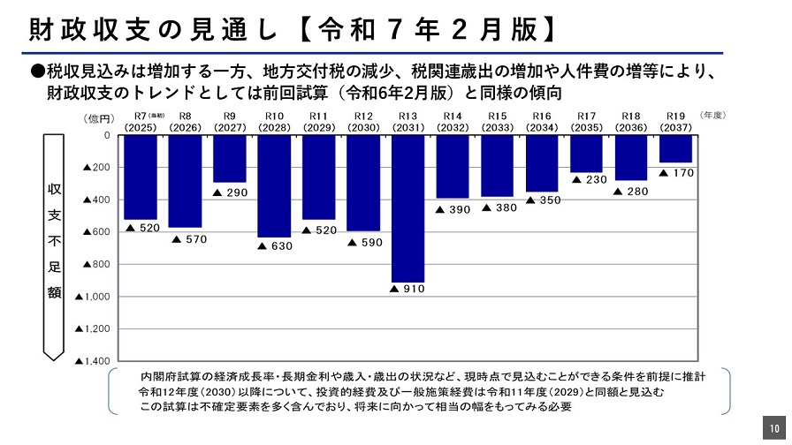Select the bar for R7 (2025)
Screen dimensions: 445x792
141,177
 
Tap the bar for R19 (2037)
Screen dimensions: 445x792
675,148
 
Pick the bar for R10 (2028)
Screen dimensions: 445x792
274,185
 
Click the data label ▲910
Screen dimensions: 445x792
407,289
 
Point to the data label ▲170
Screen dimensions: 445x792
676,173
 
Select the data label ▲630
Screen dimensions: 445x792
274,245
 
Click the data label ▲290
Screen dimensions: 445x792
230,192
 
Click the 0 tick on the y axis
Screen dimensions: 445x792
107,135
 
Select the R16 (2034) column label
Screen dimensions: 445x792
542,122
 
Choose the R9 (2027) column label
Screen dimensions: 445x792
230,122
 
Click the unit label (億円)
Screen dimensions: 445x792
98,117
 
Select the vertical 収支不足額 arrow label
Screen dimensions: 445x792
54,243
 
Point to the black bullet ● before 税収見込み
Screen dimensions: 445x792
38,71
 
